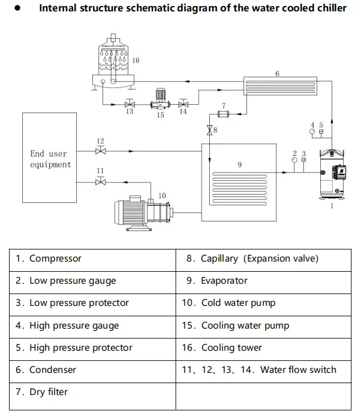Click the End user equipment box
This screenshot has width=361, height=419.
pos(50,157)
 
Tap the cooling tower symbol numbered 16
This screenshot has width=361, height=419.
pos(113,63)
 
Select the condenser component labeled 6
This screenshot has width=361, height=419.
pos(279,85)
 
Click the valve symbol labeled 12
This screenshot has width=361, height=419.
pos(101,151)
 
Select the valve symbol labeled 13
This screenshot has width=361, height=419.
pos(130,104)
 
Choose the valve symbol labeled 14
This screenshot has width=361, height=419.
pos(183,103)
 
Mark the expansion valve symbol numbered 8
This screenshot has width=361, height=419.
pos(210,130)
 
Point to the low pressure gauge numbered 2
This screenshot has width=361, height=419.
pos(294,160)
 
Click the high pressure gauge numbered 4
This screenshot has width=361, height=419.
pos(312,131)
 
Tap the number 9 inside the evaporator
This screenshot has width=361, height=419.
pos(239,164)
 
